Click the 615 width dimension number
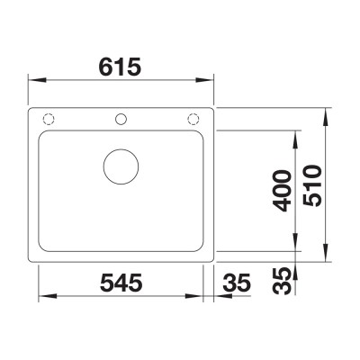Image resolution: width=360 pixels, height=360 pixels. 120,67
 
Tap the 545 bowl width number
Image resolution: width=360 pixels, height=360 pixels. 121,283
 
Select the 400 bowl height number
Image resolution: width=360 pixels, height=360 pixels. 283,191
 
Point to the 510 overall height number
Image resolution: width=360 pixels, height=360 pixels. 312,186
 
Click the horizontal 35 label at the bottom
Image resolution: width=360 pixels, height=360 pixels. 237,283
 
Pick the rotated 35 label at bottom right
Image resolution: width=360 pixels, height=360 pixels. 283,281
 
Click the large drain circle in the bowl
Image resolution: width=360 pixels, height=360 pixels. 121,166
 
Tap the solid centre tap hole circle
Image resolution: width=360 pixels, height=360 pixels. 121,119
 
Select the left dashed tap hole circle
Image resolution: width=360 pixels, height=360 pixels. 49,119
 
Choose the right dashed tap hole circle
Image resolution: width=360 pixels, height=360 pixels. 193,119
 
